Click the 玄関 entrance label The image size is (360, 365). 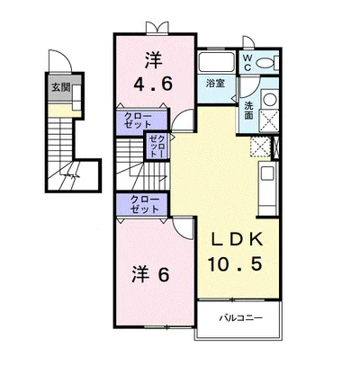click(x=61, y=87)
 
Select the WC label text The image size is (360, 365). click(x=247, y=63)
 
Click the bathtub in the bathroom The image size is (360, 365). click(x=217, y=63)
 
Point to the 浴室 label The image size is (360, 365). click(x=215, y=83)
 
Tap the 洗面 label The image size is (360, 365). click(x=248, y=111)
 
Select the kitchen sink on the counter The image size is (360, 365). click(x=267, y=174)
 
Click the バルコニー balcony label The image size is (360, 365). click(x=240, y=317)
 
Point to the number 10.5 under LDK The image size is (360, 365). click(x=236, y=263)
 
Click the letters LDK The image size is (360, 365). click(x=238, y=239)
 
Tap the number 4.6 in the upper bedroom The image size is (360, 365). click(x=153, y=84)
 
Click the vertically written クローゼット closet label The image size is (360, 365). click(x=157, y=146)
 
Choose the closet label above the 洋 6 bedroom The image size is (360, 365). click(x=144, y=205)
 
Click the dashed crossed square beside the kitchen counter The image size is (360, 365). click(x=260, y=147)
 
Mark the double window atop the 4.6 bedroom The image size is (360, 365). click(x=157, y=27)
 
